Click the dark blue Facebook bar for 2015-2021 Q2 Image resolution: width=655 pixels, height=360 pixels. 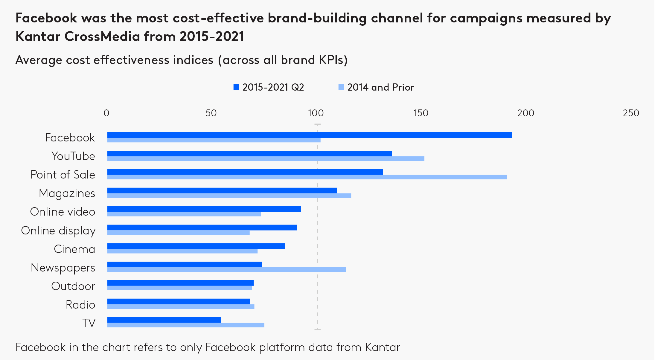pos(310,135)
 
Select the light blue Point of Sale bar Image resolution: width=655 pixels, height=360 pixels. pos(307,177)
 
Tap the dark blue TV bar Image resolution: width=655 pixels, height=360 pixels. pos(164,320)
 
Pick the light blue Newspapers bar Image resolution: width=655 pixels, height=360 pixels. pos(226,270)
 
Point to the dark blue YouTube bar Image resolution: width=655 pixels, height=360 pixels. pos(249,153)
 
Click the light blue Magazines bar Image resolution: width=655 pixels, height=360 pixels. pos(229,196)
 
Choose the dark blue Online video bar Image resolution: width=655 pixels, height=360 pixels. pos(204,209)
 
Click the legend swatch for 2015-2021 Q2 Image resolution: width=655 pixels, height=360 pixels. pos(236,87)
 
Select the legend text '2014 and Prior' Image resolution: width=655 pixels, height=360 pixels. pos(380,87)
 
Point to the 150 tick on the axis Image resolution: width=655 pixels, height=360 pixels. pos(421,113)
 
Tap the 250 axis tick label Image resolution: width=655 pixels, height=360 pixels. pos(631,113)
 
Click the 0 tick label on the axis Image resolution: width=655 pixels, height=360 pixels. pos(106,113)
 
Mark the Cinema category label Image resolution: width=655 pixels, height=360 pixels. pos(74,249)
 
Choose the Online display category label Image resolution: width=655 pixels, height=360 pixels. pos(58,231)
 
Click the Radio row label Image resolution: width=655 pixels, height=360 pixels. pos(80,305)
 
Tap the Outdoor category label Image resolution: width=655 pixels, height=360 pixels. pos(73,286)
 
